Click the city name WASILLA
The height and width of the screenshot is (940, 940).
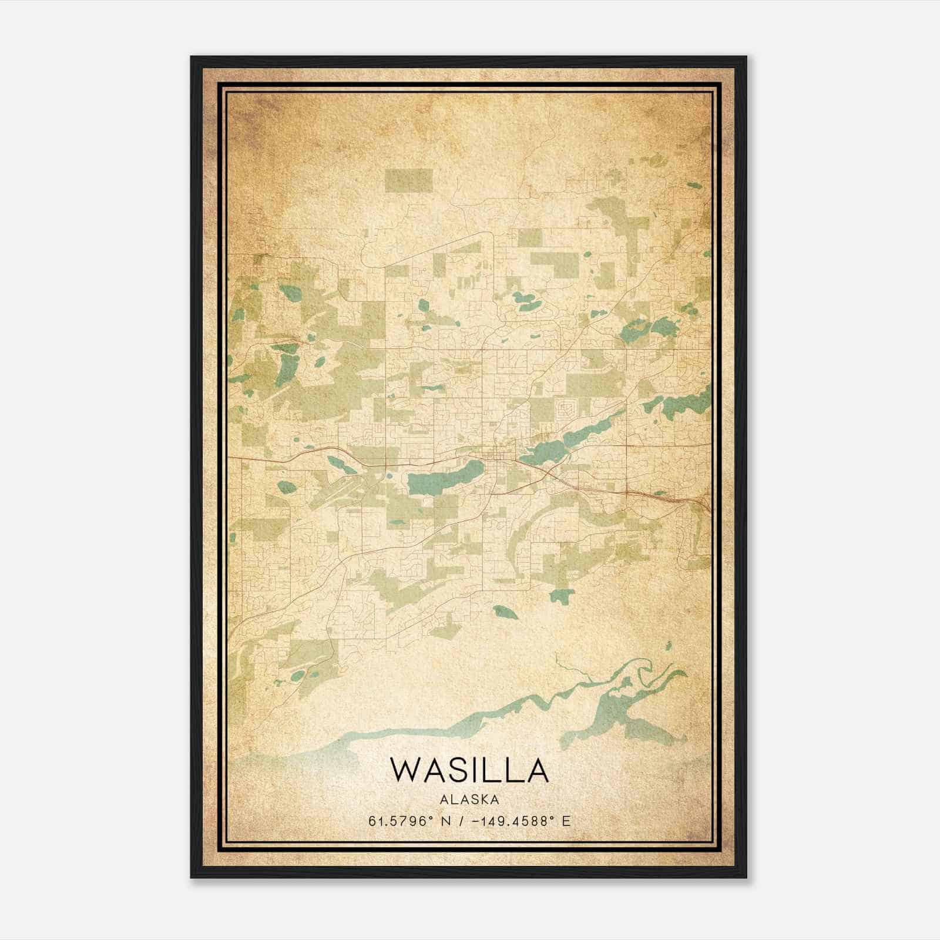point(469,770)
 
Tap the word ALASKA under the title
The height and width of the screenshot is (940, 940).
point(469,800)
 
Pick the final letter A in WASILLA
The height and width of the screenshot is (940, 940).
point(536,770)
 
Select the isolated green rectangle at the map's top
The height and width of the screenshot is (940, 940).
point(409,180)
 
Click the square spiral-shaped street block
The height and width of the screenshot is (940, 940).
point(569,407)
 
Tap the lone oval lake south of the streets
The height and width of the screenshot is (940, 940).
point(505,612)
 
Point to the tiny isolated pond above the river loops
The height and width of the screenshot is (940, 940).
point(669,646)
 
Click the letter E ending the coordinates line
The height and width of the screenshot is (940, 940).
point(566,821)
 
